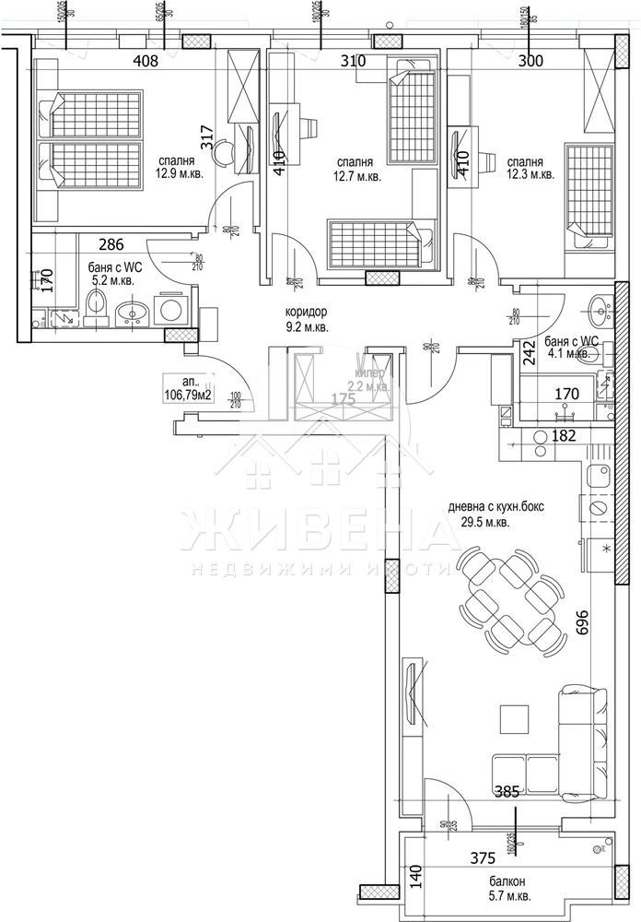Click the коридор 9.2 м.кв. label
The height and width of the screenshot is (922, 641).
click(x=307, y=319)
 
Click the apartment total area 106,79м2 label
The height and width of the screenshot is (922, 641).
click(x=186, y=388)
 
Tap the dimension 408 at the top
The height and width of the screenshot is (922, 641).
click(x=146, y=62)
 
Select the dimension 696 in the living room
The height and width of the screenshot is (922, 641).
click(x=580, y=624)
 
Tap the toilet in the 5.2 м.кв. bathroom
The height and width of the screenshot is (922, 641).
click(x=96, y=306)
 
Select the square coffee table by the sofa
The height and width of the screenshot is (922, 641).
click(x=513, y=717)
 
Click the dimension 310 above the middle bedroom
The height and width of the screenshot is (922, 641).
click(x=353, y=62)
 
